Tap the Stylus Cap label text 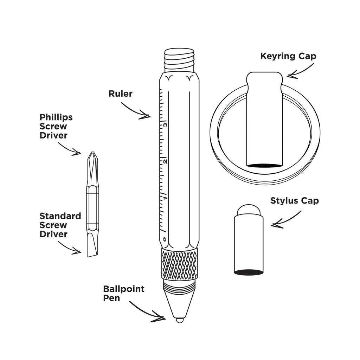(x=295, y=201)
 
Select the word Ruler (x=121, y=94)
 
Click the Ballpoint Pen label (x=124, y=293)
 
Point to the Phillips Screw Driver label (x=56, y=126)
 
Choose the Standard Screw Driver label (x=60, y=225)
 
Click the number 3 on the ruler (x=165, y=125)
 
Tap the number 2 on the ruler (x=165, y=162)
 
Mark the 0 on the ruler (x=164, y=239)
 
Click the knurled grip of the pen (x=180, y=264)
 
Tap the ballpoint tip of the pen (x=180, y=320)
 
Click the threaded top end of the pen (x=180, y=60)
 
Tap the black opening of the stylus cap (x=249, y=272)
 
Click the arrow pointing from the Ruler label (x=135, y=111)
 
